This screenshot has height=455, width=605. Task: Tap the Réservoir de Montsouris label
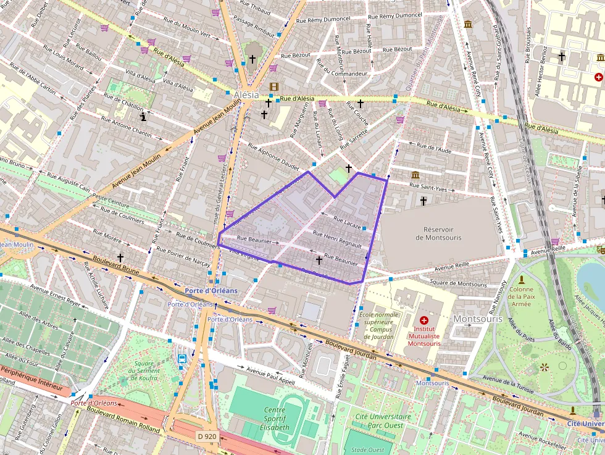[438, 233]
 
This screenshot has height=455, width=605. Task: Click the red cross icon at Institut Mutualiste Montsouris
[423, 320]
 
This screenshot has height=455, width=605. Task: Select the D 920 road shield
[207, 436]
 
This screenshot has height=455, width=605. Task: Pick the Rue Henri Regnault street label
[337, 239]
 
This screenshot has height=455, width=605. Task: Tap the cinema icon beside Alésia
[273, 86]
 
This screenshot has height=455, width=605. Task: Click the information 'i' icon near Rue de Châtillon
[143, 115]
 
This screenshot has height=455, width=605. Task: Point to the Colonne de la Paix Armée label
[521, 296]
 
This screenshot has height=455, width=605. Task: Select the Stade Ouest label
[368, 450]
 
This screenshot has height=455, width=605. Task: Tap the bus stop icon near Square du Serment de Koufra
[182, 359]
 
